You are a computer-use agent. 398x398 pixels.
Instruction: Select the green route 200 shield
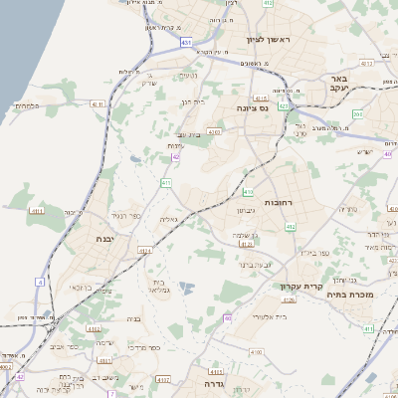[x=356, y=114]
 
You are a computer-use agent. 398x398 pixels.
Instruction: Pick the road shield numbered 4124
[x=145, y=250]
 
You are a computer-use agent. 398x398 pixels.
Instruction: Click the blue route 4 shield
[x=40, y=283]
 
